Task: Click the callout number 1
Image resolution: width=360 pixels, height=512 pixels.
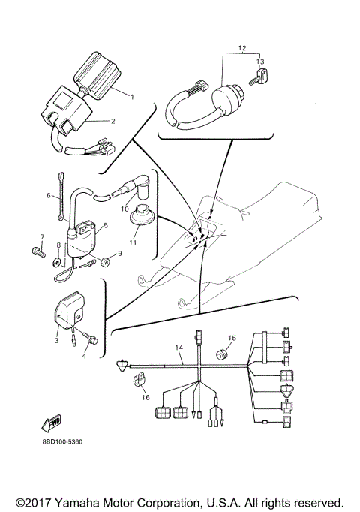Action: (132, 96)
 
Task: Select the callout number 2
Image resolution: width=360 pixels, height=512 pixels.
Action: (112, 120)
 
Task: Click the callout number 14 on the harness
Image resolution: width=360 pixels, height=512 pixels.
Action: (179, 348)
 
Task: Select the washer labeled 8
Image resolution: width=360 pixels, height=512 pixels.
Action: (58, 264)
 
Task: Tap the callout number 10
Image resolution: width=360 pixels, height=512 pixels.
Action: (126, 208)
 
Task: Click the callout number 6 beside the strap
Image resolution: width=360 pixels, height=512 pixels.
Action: (49, 196)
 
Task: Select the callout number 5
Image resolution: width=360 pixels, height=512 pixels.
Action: (106, 224)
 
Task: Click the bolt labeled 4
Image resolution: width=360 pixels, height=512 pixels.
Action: (91, 340)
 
